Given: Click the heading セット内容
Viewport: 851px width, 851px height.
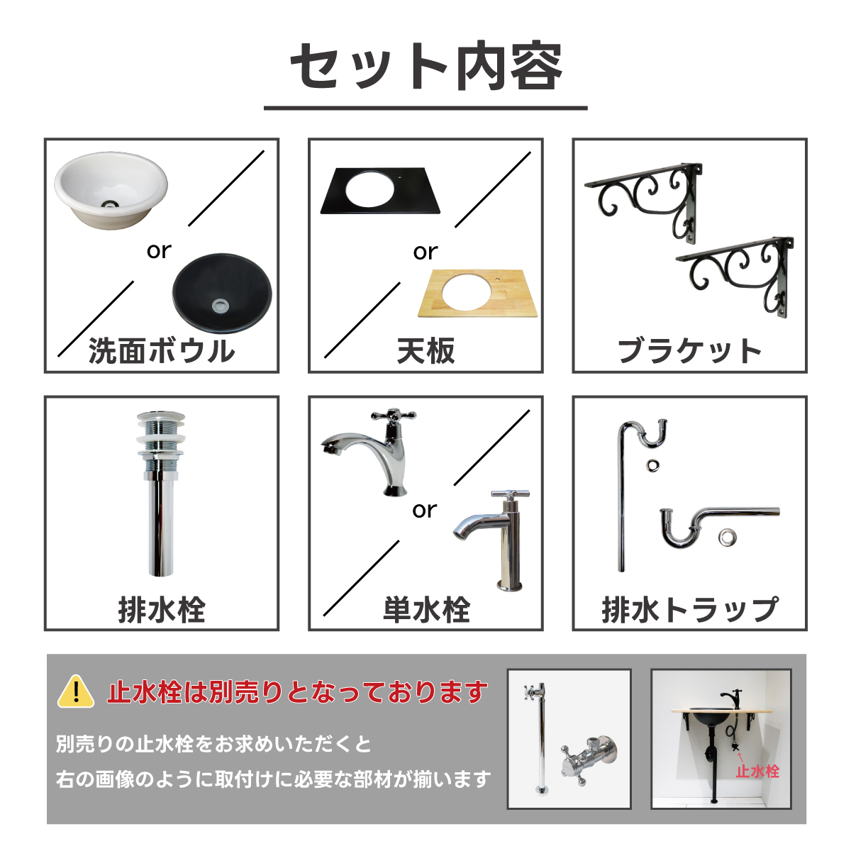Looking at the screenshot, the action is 425,67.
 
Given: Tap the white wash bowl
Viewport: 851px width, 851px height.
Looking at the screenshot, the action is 111,190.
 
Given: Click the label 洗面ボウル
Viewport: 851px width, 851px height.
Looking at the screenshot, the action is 162,352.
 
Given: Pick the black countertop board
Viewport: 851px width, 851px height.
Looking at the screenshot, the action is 380,191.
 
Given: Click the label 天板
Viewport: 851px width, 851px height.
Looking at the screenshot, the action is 425,352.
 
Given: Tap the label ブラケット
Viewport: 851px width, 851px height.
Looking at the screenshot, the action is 689,352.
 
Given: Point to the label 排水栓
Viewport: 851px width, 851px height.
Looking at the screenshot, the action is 162,610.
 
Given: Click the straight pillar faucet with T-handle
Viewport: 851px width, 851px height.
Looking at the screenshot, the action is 491,540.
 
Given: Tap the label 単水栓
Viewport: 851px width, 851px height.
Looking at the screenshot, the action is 426,610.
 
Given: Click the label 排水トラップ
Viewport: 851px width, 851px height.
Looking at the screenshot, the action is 689,610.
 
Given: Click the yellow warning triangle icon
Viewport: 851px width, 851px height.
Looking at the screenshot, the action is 76,692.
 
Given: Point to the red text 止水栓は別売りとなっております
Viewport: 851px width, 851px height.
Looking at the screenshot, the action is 298,691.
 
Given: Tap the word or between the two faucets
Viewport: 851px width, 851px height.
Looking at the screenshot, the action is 424,511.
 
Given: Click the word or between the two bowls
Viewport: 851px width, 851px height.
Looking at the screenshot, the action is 159,251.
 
